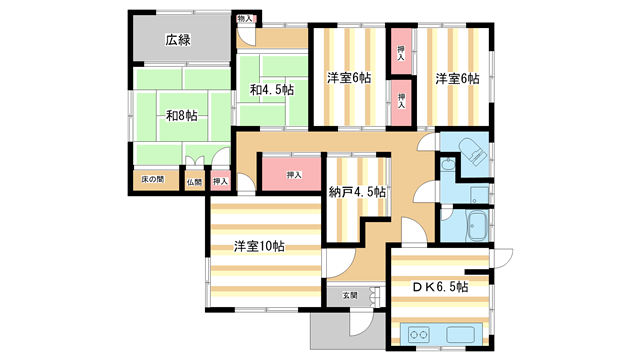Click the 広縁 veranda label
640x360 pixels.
178,40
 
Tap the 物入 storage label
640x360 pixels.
245,19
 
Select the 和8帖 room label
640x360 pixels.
180,116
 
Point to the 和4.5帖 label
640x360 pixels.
272,90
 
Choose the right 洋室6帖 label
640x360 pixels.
457,78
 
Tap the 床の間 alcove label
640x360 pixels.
152,180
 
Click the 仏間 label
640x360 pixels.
194,182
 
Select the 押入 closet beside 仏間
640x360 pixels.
221,182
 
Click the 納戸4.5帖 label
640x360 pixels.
358,192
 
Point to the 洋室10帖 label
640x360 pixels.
259,246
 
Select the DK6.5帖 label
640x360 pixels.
440,287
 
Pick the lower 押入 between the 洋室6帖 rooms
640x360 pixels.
400,99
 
